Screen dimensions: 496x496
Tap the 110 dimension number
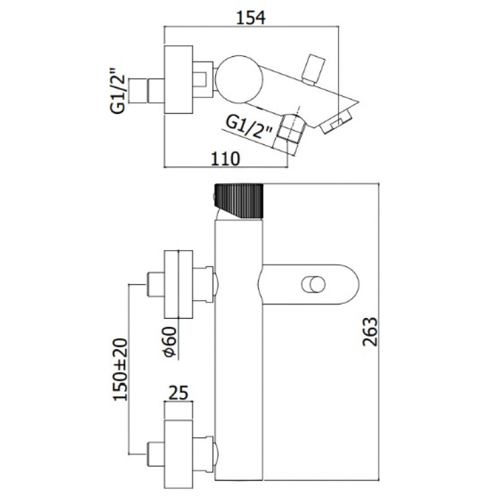click(x=224, y=159)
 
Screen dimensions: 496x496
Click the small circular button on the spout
click(x=312, y=285)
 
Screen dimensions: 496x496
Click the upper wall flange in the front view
click(x=179, y=283)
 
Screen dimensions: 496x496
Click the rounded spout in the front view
click(x=310, y=285)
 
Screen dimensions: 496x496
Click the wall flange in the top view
click(x=180, y=80)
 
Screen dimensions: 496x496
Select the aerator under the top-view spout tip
click(x=339, y=121)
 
